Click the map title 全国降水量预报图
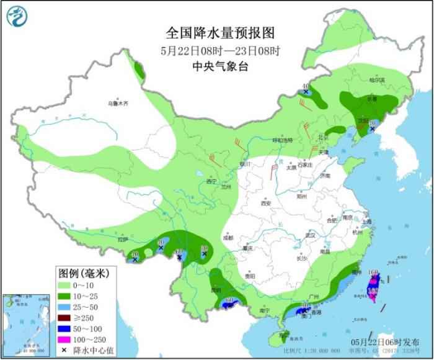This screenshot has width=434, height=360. pos(216,32)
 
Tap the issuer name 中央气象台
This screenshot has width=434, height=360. pos(216,67)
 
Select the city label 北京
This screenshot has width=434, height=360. pos(321,138)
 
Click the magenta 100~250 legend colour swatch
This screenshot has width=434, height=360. pos(64,340)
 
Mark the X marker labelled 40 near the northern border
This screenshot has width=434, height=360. pos(306,92)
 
